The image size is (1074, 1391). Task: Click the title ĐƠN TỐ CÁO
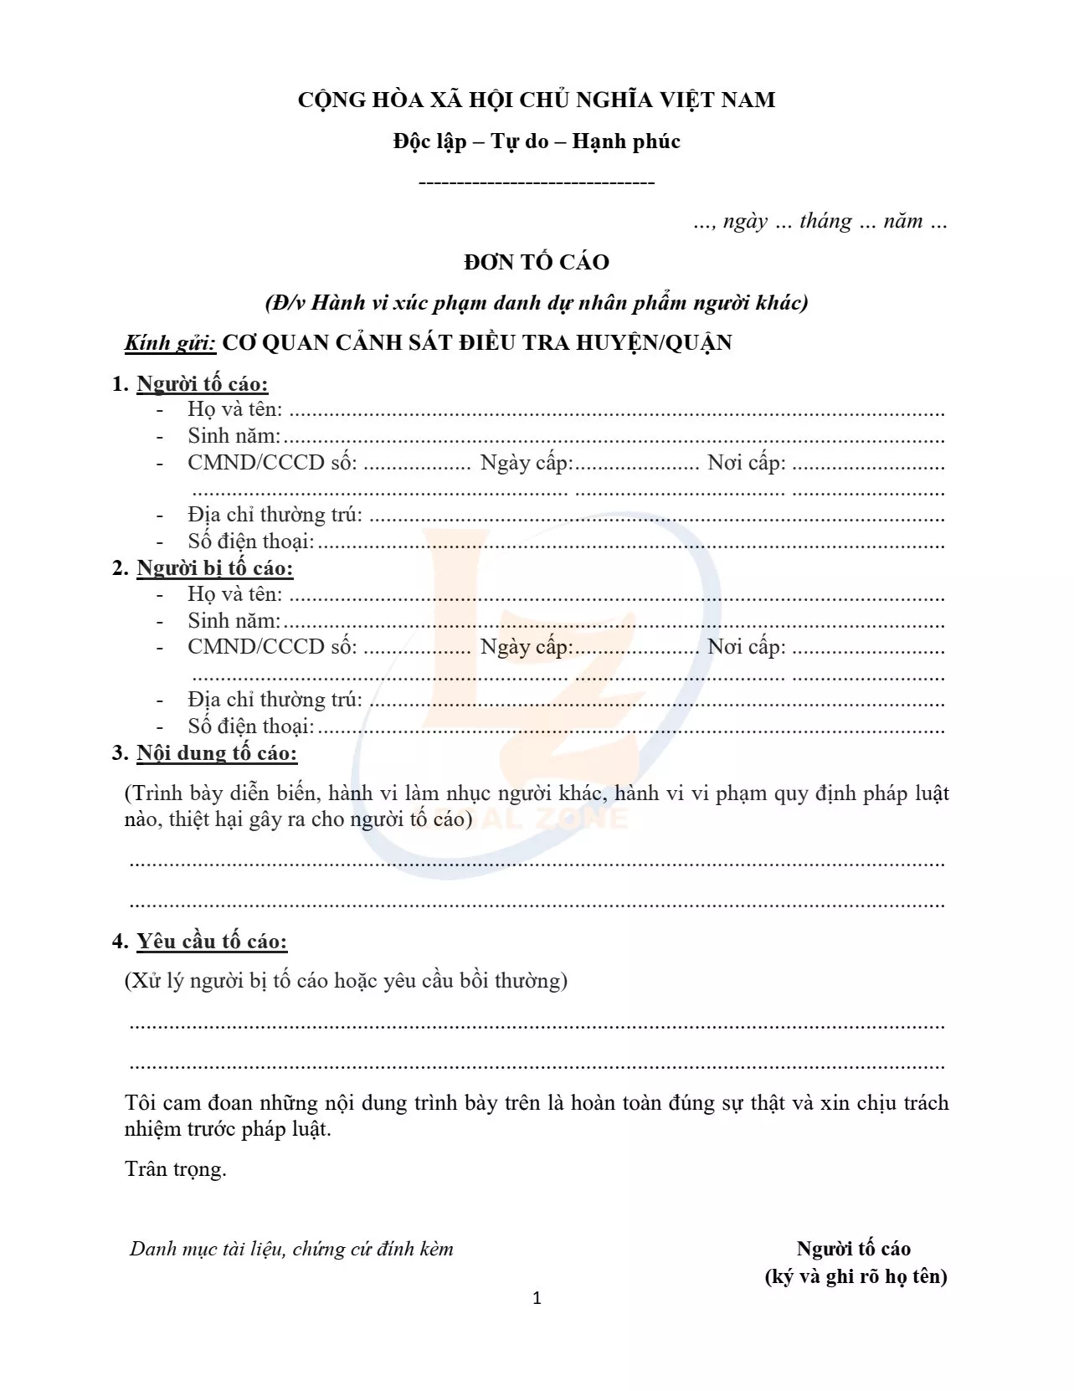(x=537, y=262)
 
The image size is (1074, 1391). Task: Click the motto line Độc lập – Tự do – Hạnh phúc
(x=537, y=141)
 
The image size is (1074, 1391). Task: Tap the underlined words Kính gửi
(x=170, y=343)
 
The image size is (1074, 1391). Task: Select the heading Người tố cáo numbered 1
(x=202, y=384)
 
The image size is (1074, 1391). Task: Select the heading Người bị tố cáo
(x=214, y=568)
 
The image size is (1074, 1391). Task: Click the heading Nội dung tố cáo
(x=216, y=753)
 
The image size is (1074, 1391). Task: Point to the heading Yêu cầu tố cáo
(x=211, y=942)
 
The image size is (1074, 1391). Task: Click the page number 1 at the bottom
(x=537, y=1298)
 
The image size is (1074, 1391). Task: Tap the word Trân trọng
(x=176, y=1168)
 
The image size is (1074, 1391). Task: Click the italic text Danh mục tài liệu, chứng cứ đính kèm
(x=291, y=1249)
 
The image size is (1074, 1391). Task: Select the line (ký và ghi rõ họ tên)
(x=856, y=1276)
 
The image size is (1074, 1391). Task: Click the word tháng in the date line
(x=825, y=221)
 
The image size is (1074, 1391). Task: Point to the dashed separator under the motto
(x=536, y=182)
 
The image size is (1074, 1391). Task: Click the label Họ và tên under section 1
(x=234, y=409)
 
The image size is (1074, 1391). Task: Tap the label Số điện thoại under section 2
(x=250, y=726)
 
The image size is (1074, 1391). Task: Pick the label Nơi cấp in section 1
(x=747, y=463)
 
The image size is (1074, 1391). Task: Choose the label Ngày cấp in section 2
(x=526, y=647)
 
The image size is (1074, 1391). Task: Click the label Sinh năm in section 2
(x=234, y=621)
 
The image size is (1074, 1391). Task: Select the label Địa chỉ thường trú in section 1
(x=275, y=515)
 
